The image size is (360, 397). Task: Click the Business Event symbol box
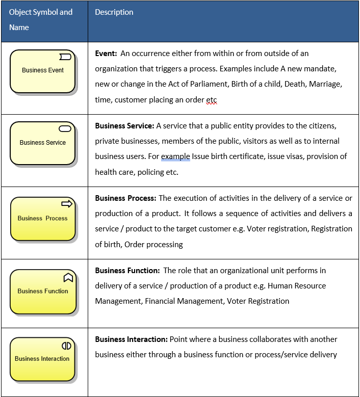[43, 71]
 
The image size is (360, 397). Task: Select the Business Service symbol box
[43, 143]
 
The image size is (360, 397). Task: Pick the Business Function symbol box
[43, 291]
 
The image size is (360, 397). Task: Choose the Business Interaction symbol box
[43, 359]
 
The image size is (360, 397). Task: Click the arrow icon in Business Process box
[67, 204]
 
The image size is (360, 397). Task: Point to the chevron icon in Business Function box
[68, 277]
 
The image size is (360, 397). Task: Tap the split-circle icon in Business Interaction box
[67, 346]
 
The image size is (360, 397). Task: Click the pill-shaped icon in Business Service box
[65, 128]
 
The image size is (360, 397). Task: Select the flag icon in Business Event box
[65, 56]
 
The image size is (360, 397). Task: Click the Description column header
[114, 12]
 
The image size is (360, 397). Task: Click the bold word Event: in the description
[107, 53]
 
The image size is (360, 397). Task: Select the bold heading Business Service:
[124, 125]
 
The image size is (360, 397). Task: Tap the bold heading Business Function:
[127, 270]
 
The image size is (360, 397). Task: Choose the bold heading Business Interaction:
[131, 339]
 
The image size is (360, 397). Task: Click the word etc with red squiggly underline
[212, 100]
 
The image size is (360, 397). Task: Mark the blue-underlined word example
[175, 156]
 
